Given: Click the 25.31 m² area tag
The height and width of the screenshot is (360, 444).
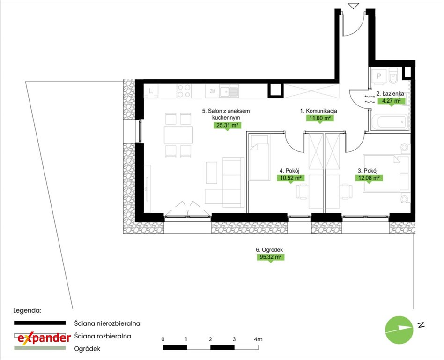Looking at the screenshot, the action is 227,125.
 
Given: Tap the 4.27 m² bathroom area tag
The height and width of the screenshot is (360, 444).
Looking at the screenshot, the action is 392,101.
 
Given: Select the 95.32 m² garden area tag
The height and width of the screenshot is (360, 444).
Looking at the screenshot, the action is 270,257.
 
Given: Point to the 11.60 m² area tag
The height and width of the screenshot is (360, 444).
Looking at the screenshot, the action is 320,118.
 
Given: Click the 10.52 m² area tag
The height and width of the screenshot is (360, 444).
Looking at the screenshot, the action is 290,178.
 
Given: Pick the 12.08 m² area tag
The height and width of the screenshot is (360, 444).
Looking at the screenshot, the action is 369,178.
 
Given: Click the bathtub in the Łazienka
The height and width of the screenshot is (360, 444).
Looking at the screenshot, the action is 390,122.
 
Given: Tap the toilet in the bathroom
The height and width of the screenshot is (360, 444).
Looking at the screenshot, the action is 393,75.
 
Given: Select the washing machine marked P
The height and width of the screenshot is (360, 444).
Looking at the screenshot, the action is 378,76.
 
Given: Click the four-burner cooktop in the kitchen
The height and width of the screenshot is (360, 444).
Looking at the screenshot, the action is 184,91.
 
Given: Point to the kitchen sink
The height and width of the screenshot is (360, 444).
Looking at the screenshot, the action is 229,91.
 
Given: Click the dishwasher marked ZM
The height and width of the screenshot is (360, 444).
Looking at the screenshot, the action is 212,91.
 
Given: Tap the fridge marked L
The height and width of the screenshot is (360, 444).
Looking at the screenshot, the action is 151,91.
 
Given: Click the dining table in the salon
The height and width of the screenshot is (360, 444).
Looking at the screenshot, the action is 178,135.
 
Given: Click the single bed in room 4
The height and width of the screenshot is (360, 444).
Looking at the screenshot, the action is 259,157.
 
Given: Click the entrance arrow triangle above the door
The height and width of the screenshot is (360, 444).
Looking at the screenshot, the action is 354,6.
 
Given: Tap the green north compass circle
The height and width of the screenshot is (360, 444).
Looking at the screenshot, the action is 399,330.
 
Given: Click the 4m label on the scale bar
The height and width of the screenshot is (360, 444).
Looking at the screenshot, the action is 258,339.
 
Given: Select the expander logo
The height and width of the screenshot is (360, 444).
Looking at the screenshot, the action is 44,337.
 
